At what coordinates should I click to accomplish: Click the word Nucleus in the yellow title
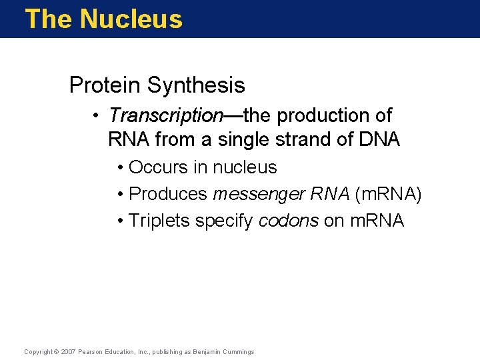[x=131, y=19]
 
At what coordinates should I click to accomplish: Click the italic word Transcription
[x=166, y=115]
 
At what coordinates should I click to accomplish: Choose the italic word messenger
[x=257, y=194]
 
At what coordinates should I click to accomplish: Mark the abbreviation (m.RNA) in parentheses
[x=389, y=194]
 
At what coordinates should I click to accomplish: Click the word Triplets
[x=159, y=221]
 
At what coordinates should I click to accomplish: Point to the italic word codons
[x=288, y=221]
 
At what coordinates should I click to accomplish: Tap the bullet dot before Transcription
[x=97, y=116]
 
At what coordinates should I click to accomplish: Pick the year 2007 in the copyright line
[x=69, y=351]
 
